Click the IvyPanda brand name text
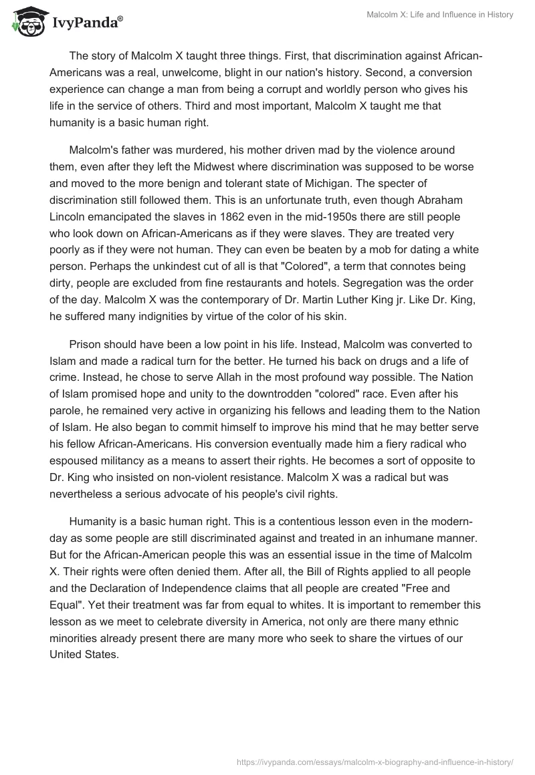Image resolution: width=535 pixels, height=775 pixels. click(x=84, y=24)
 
